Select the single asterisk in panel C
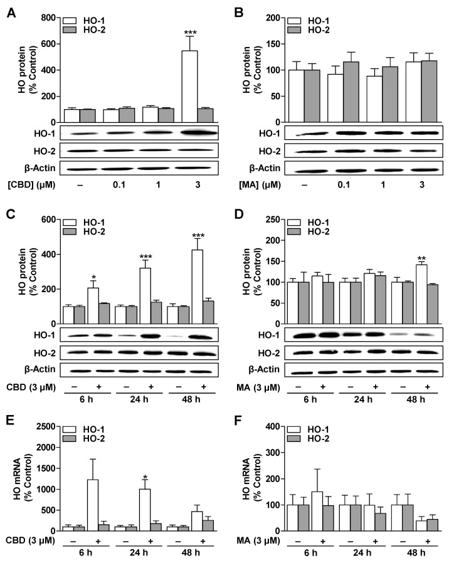(x=94, y=278)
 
